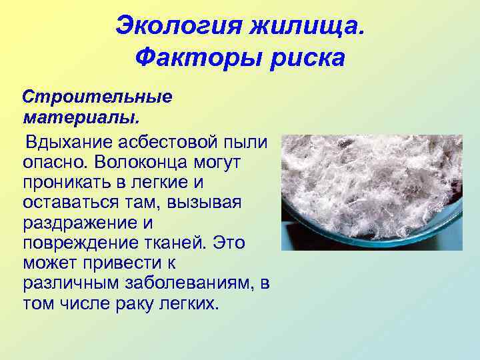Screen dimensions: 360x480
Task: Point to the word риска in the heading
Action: [x=308, y=59]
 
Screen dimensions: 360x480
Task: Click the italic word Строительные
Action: [x=97, y=97]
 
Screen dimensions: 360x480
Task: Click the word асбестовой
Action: [x=170, y=142]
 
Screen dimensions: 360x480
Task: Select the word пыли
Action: [x=246, y=142]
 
